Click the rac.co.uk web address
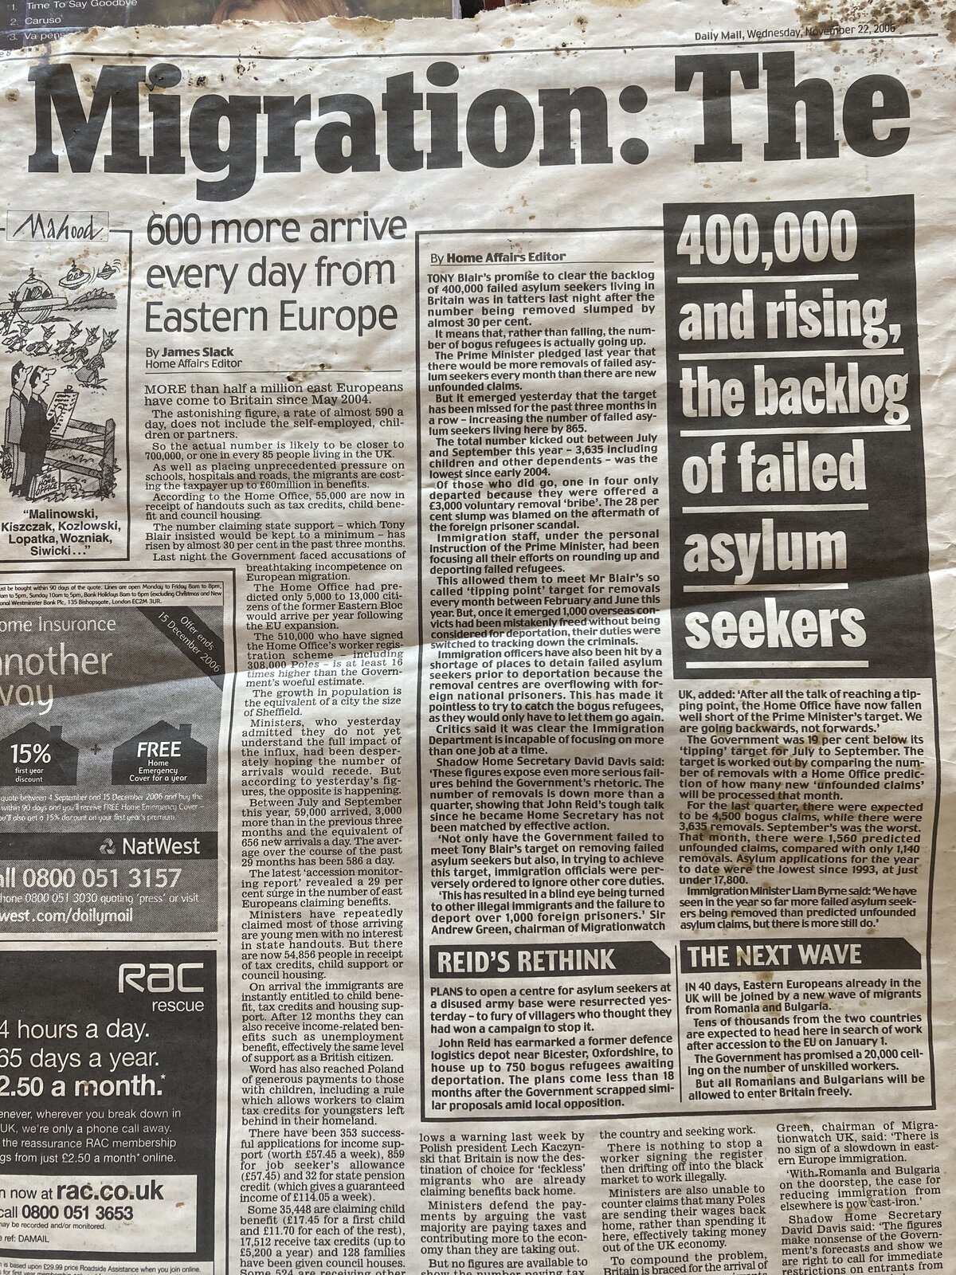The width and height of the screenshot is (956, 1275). [x=108, y=1191]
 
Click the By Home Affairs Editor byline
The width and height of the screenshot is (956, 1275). [x=498, y=257]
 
